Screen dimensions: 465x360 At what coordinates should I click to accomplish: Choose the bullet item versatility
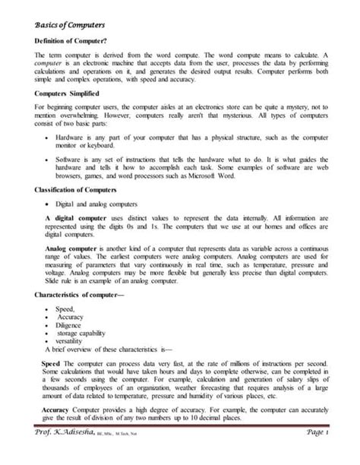73,340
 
